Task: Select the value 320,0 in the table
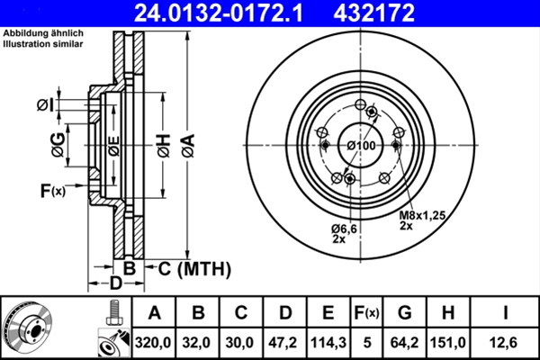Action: click(x=154, y=343)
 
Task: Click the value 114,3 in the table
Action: click(x=328, y=343)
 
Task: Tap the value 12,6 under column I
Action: click(x=508, y=343)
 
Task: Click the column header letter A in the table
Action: click(x=154, y=312)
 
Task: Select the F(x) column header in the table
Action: click(x=366, y=312)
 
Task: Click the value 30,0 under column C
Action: click(x=240, y=343)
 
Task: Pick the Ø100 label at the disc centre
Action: click(x=361, y=146)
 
